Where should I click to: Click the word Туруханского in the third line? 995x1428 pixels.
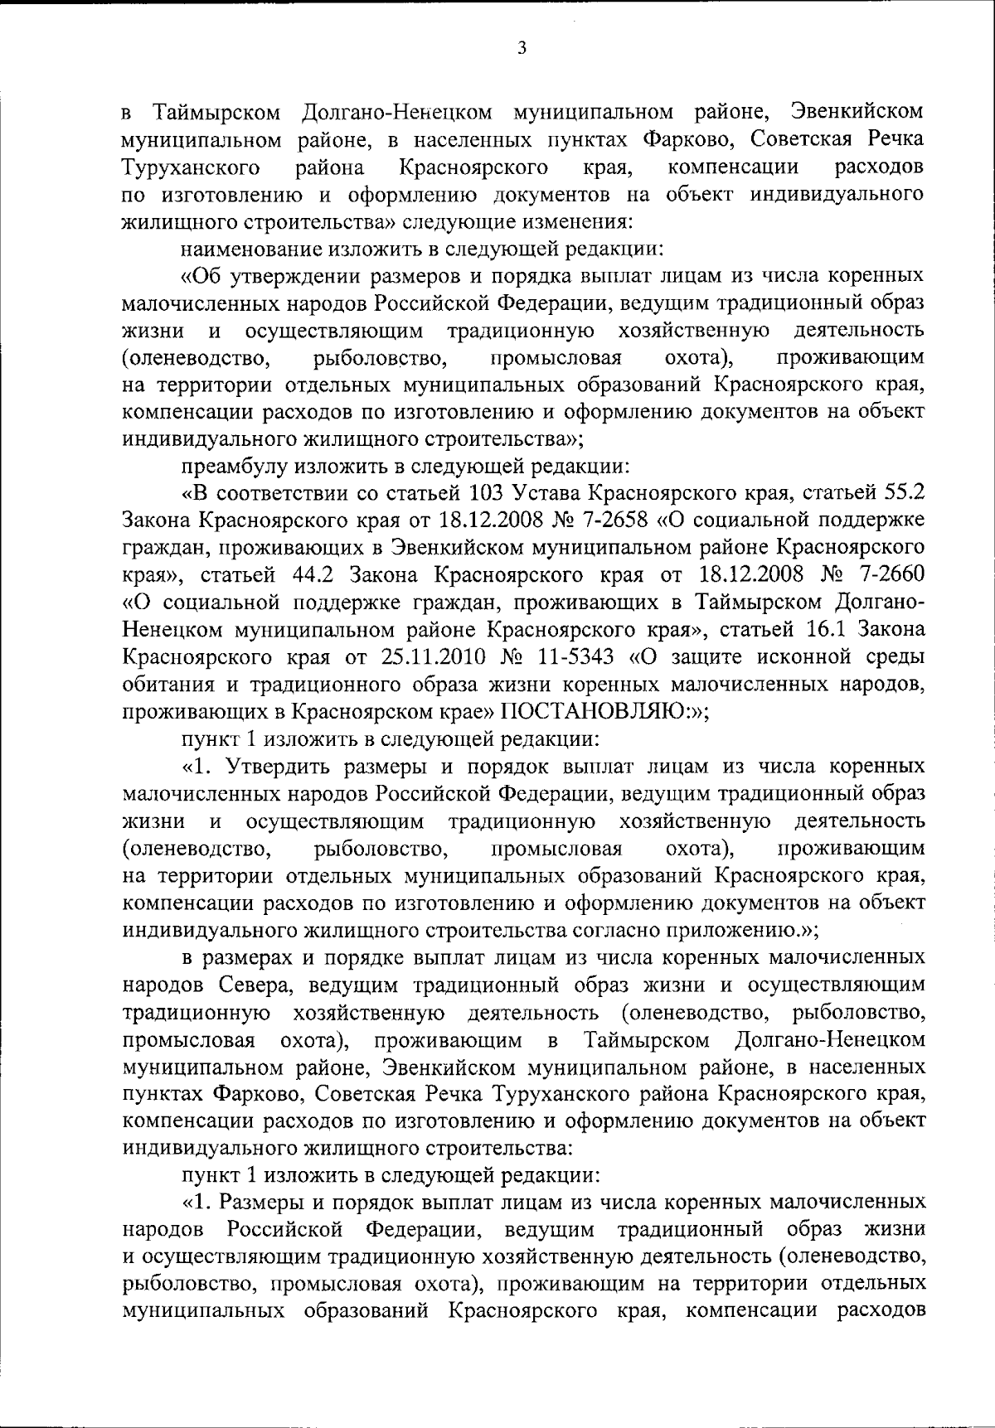coord(187,167)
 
